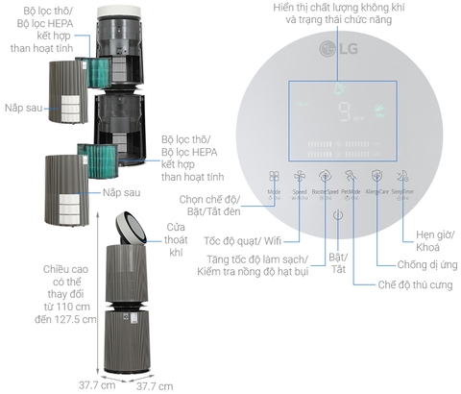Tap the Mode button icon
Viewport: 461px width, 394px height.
click(274, 177)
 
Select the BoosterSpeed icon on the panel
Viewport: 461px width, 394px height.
click(325, 176)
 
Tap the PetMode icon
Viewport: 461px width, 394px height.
click(351, 176)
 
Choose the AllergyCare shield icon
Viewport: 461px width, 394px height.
click(376, 176)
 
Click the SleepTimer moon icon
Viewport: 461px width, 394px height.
click(402, 176)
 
